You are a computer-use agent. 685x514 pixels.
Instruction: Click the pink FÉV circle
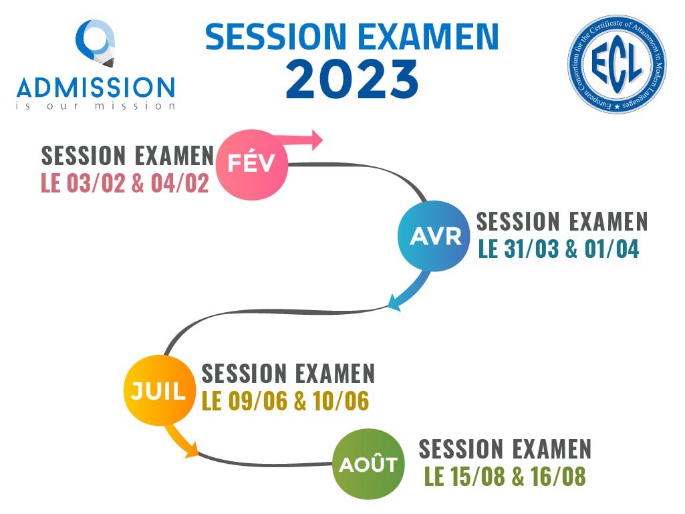(x=252, y=164)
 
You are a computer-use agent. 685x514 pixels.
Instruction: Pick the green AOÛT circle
(x=368, y=464)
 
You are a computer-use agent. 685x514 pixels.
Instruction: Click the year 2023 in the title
(x=352, y=79)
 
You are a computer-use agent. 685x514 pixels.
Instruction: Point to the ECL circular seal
(x=617, y=64)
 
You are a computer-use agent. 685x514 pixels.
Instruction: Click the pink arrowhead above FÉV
(x=316, y=140)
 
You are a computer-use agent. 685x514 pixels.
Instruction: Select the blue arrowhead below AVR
(x=394, y=303)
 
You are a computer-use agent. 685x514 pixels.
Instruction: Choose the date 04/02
(x=180, y=183)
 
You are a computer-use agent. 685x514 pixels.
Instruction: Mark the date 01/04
(x=612, y=249)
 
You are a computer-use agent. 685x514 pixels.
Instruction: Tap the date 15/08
(x=477, y=477)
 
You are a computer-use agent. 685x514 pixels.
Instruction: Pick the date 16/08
(x=558, y=477)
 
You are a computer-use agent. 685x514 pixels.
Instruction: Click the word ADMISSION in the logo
(x=96, y=87)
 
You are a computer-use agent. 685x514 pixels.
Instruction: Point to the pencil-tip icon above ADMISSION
(x=96, y=43)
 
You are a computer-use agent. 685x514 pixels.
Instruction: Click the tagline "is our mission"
(x=96, y=106)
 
